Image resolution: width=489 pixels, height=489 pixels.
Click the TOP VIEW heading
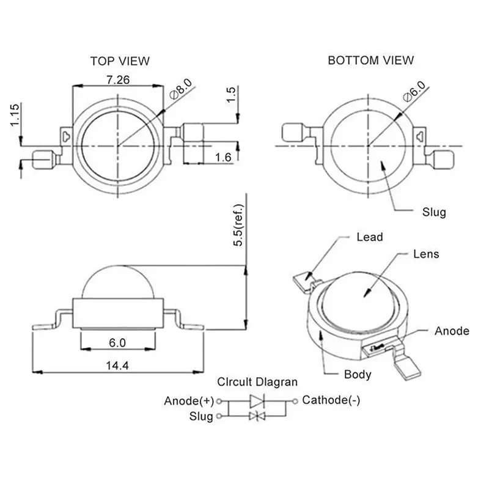pyautogui.click(x=120, y=61)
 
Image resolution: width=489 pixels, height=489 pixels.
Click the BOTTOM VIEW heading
pyautogui.click(x=371, y=60)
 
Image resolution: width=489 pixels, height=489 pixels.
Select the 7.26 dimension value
pyautogui.click(x=118, y=80)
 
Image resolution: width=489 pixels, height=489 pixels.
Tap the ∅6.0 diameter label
pyautogui.click(x=414, y=91)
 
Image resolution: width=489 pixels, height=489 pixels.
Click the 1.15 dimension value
pyautogui.click(x=15, y=115)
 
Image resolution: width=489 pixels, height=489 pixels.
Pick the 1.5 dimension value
pyautogui.click(x=231, y=95)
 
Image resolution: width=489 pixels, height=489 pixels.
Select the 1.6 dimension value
pyautogui.click(x=223, y=158)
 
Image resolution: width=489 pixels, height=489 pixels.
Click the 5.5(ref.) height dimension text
pyautogui.click(x=238, y=225)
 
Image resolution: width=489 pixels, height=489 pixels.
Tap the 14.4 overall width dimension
pyautogui.click(x=117, y=365)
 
